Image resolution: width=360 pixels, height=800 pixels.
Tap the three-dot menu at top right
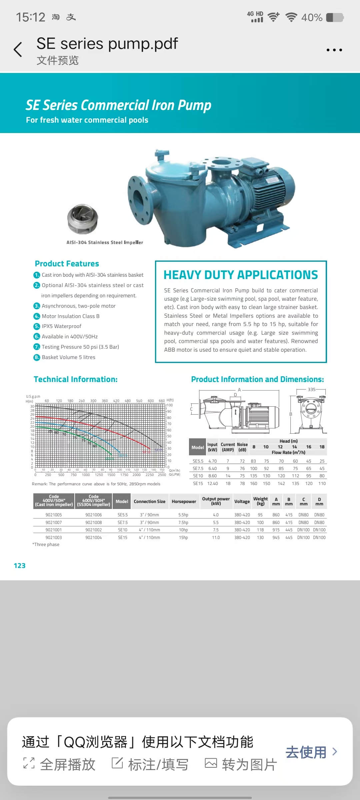[334, 50]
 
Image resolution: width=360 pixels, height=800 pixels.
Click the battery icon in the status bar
[335, 17]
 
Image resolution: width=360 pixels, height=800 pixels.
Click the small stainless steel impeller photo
[82, 219]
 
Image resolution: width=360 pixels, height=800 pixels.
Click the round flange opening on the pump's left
[138, 198]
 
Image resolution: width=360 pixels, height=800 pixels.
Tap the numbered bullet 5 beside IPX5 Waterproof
[37, 326]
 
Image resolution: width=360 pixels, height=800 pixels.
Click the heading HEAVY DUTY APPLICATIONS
[241, 275]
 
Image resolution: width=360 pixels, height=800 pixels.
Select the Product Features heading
[67, 264]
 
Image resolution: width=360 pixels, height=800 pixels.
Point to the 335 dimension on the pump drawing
[311, 389]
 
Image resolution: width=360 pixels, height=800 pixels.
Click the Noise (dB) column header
[242, 447]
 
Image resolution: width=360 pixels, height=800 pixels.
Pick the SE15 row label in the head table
[198, 483]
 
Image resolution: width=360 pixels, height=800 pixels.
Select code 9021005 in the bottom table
[54, 515]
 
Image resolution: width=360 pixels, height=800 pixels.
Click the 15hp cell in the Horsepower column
[183, 537]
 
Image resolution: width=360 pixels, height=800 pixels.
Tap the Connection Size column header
[149, 501]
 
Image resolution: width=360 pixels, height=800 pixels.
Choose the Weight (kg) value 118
[260, 530]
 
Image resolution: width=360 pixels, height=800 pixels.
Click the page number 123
[19, 566]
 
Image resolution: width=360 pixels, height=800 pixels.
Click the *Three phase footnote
[46, 544]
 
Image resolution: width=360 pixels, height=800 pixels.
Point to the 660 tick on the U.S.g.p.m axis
[162, 401]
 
